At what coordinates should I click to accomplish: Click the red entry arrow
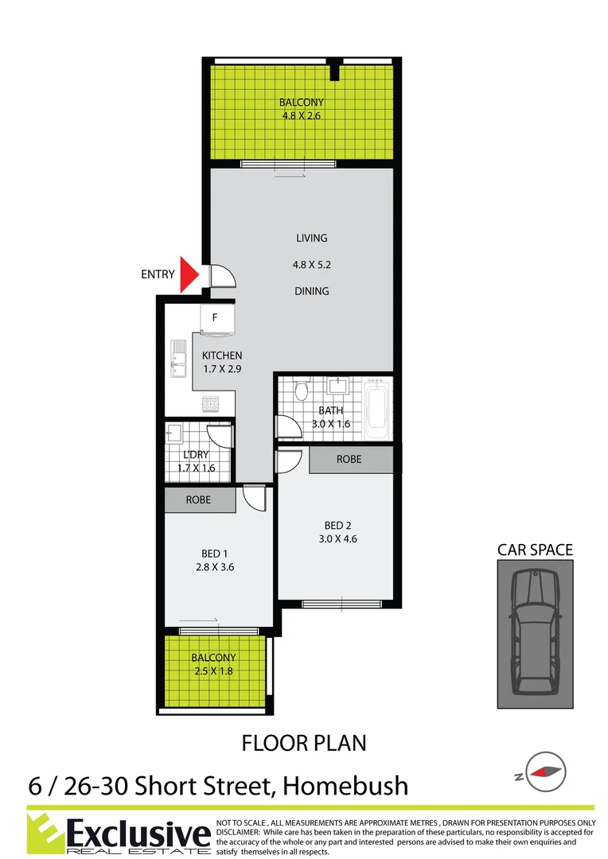189,274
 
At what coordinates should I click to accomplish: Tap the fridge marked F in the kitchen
215,319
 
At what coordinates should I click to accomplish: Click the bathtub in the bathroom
376,410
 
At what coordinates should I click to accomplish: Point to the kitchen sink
177,360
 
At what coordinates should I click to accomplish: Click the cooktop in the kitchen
212,404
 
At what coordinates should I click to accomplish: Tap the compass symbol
545,771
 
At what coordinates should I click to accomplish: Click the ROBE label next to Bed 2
349,459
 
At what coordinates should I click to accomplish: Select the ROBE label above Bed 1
198,501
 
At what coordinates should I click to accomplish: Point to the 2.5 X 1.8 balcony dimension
213,671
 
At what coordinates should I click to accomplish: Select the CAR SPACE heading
534,550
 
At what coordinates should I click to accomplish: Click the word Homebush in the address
346,787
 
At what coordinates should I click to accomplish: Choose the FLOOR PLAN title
304,744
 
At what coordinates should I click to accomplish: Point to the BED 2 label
337,525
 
